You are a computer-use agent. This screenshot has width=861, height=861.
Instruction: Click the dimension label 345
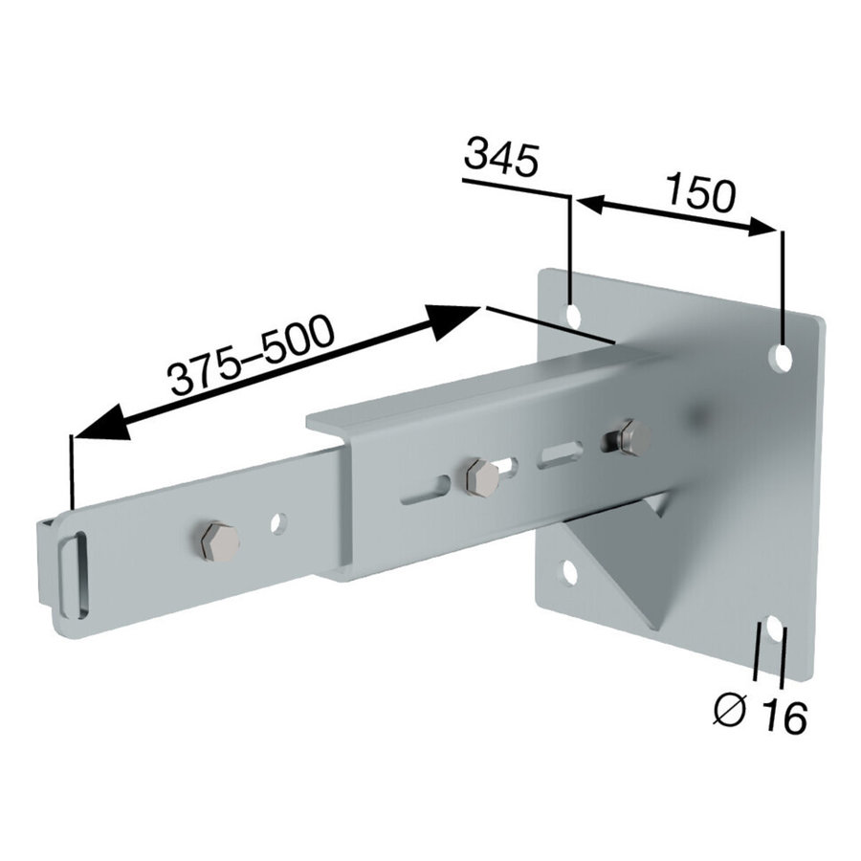click(500, 157)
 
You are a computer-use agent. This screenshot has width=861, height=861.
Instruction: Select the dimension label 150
click(701, 193)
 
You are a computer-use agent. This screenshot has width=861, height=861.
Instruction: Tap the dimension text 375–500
click(251, 355)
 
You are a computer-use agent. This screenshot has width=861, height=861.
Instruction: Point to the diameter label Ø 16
click(760, 714)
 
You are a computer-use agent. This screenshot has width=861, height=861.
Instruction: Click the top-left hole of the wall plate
click(573, 317)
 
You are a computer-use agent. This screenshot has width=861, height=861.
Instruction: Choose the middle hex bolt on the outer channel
click(481, 477)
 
